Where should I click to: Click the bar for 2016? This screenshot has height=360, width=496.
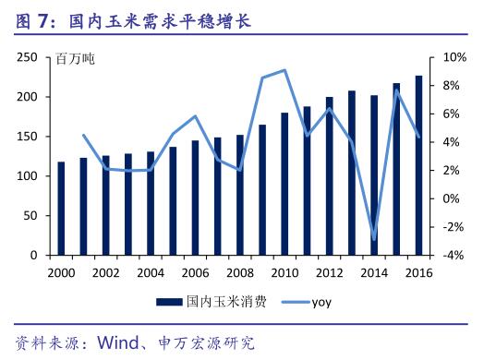click(419, 166)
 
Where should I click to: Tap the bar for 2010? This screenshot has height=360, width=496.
click(284, 184)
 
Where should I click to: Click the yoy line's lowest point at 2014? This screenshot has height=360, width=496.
click(374, 240)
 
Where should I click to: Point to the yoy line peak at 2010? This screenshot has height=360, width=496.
click(284, 70)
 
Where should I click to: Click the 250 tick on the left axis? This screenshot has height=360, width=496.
click(27, 57)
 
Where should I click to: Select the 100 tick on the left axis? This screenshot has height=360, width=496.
click(27, 175)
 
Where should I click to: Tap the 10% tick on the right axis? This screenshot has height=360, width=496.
click(455, 57)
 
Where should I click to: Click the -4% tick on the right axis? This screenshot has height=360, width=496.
click(455, 255)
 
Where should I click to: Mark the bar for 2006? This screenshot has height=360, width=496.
click(195, 198)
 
